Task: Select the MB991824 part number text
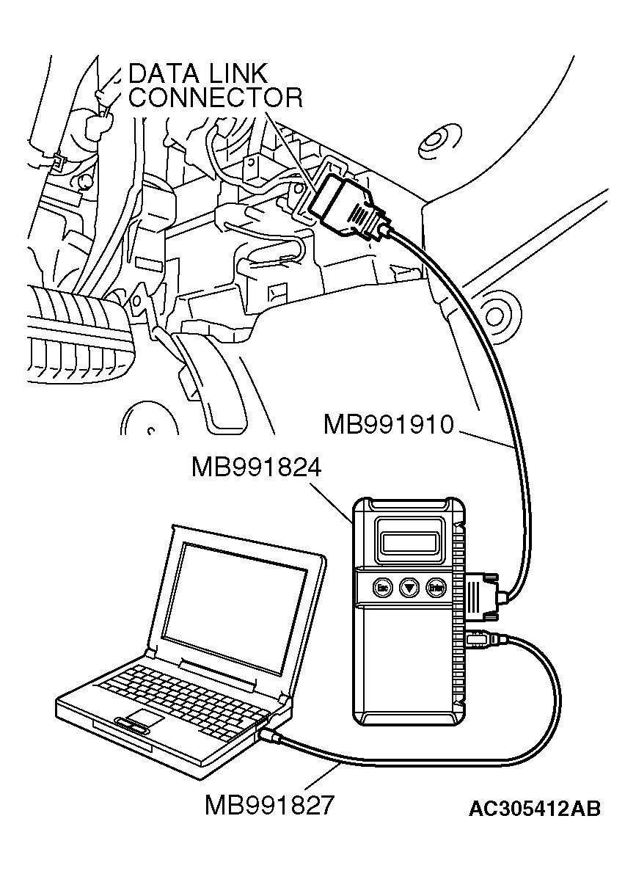pos(257,467)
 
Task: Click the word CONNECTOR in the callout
pos(215,98)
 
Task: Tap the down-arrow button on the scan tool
pos(409,587)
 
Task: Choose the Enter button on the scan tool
pos(437,587)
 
